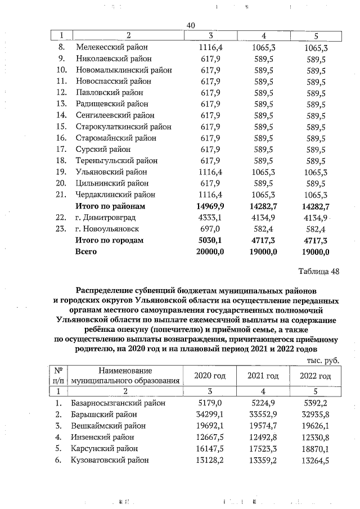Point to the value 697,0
211,229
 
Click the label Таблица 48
318,272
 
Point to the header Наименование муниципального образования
125,375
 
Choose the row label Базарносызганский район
119,403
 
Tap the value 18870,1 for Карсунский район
314,449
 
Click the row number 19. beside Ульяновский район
63,172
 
